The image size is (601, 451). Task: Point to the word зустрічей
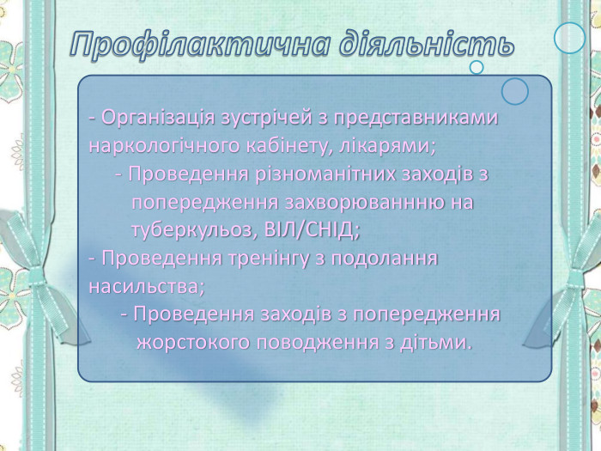272,117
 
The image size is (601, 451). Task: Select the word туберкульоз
192,230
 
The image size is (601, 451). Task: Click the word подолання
392,258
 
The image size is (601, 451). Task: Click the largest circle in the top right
569,37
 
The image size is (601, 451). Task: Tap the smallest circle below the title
477,67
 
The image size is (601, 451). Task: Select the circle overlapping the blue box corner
515,91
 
